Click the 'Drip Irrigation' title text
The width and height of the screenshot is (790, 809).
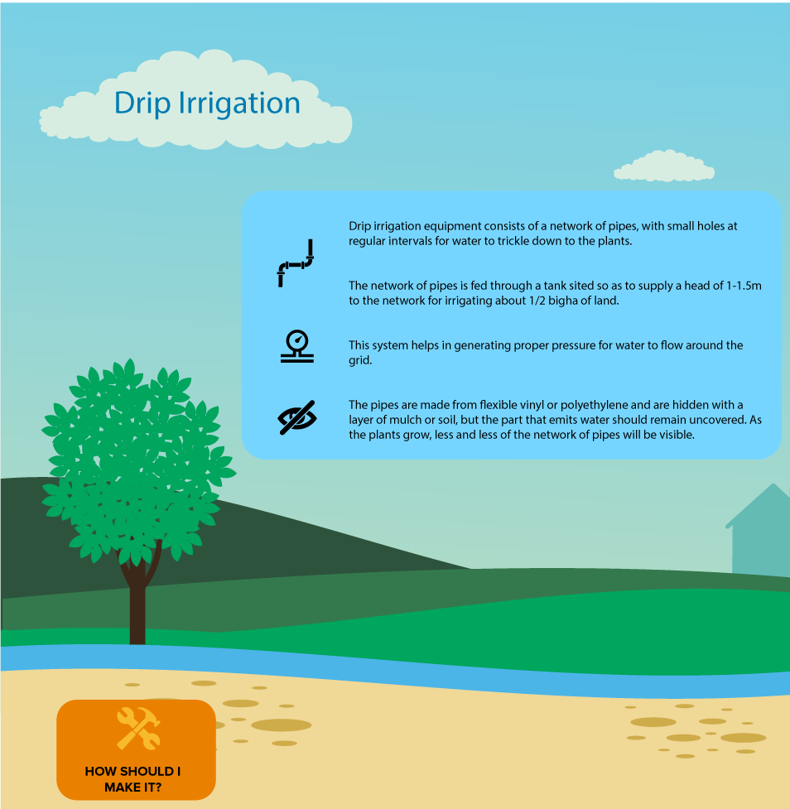point(207,104)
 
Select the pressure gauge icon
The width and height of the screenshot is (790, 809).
point(297,346)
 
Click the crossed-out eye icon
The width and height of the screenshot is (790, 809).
point(297,417)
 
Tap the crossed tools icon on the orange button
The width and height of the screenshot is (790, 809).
point(138,728)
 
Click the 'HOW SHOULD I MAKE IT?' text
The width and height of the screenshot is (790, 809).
point(132,779)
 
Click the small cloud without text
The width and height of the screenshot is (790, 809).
point(664,166)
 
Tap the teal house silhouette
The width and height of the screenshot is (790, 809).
point(759,531)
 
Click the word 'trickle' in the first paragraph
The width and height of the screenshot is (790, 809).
point(514,241)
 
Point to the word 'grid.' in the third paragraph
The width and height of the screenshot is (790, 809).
point(360,361)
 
